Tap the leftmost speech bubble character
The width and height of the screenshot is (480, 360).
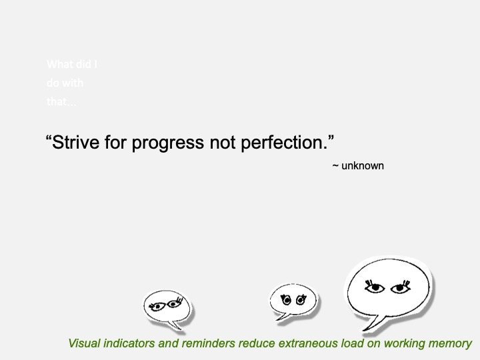[166, 306]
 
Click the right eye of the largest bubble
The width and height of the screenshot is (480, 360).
[400, 288]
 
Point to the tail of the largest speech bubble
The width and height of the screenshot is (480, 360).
[373, 325]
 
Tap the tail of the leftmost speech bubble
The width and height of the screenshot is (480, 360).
[175, 325]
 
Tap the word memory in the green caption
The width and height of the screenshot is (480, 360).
[451, 344]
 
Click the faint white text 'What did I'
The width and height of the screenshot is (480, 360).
[73, 65]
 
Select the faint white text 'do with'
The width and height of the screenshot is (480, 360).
[65, 84]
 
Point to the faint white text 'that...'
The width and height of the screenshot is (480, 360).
[61, 103]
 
